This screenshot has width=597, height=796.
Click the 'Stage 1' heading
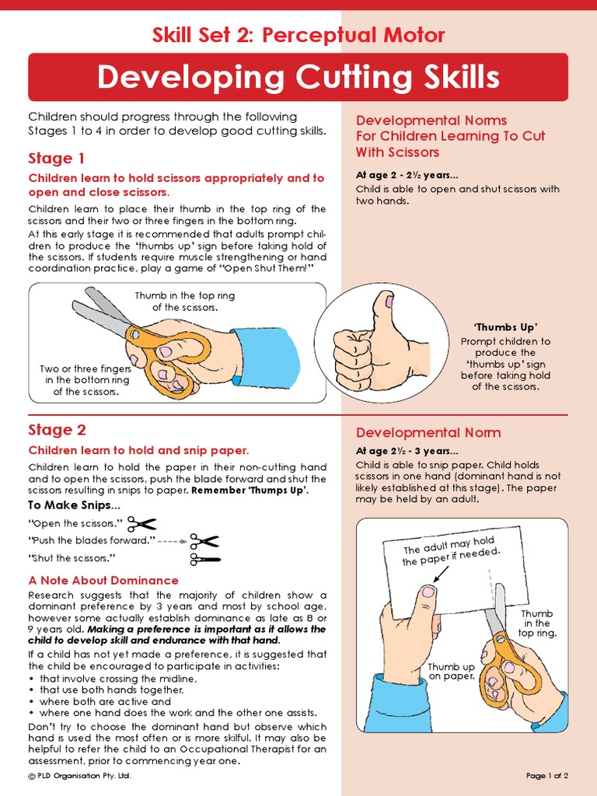57,159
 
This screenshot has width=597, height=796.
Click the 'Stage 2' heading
58,430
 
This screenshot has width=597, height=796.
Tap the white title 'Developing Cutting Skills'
298,78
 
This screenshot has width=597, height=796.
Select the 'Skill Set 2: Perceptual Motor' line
298,35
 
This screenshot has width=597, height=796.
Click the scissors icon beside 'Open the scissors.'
142,524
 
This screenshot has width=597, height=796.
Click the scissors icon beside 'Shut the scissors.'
205,558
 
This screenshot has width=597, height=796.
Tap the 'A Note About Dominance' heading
103,581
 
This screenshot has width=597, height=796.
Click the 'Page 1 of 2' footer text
547,776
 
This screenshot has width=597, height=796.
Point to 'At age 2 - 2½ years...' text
407,175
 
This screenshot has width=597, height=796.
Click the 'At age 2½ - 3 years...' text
407,451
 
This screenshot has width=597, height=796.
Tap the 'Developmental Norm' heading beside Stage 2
428,432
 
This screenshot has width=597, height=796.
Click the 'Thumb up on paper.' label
452,672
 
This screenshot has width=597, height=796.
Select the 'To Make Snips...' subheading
74,506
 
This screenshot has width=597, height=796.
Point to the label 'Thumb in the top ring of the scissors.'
184,302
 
